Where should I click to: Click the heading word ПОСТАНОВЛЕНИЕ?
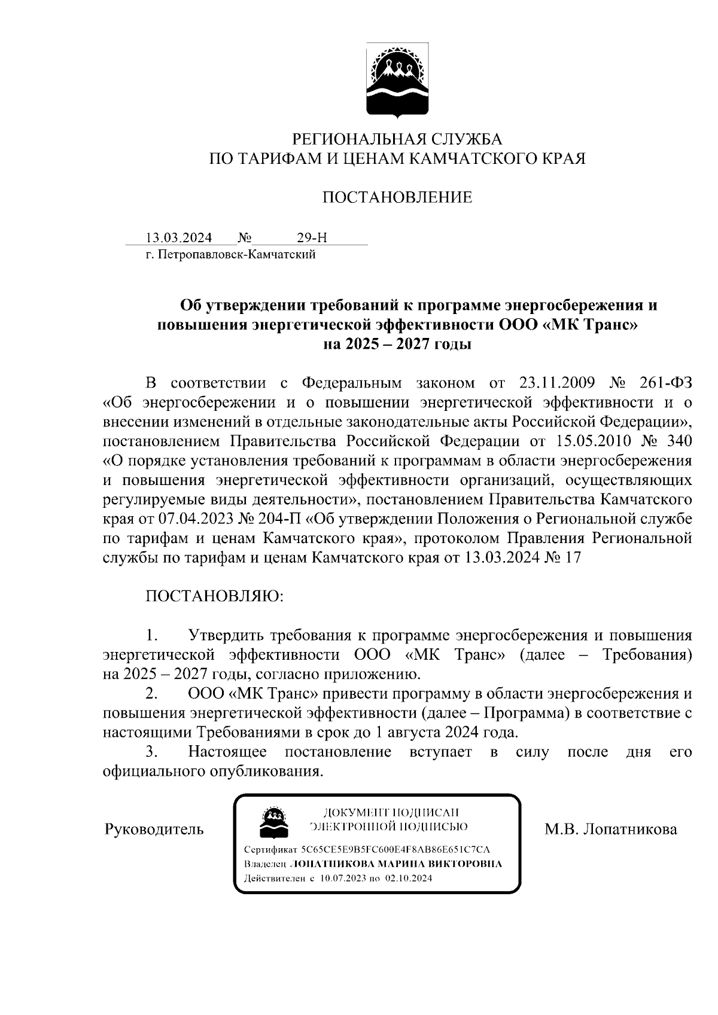(x=397, y=197)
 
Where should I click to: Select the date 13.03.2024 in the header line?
(x=179, y=238)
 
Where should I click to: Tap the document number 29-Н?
(x=312, y=238)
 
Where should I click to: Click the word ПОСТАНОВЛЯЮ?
(x=214, y=596)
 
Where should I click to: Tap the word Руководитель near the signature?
(x=154, y=830)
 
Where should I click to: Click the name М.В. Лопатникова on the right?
(x=610, y=830)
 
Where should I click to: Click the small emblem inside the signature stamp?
(x=273, y=821)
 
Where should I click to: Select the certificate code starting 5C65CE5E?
(x=395, y=850)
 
